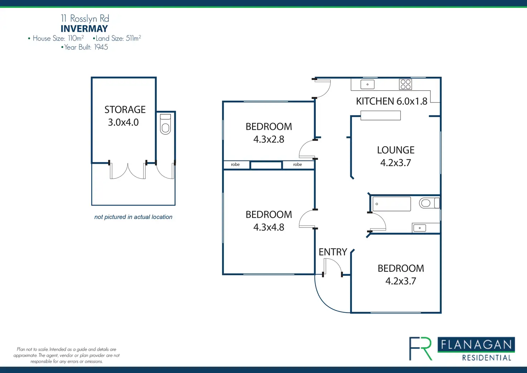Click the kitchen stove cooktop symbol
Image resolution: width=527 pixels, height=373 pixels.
coord(406,85)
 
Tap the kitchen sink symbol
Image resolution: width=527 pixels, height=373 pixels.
coord(367,85)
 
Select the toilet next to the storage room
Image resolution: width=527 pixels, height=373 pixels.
coord(165,124)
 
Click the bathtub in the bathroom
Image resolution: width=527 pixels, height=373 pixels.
coord(392,204)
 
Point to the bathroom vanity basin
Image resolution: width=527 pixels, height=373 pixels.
coord(420,228)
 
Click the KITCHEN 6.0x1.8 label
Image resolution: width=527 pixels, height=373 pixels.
coord(391,101)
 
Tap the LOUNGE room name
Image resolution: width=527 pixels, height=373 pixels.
coord(396,150)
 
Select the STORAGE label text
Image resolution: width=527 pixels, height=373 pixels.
coord(125,110)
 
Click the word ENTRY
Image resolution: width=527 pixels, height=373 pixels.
coord(333,252)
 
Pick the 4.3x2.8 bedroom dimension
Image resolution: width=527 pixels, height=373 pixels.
coord(269,139)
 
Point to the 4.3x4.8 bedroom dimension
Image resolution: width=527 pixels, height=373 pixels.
coord(269,227)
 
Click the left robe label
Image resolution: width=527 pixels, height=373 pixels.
coord(235,164)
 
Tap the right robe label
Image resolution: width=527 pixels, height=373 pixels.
coord(298,164)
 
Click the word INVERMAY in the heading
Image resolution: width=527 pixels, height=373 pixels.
coord(84,29)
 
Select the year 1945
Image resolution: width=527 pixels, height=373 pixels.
coord(101,47)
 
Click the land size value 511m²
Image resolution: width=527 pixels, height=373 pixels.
coord(133,38)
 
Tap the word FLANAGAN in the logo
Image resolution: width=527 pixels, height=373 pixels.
coord(476,345)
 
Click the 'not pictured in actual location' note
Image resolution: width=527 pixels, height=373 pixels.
coord(133,217)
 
